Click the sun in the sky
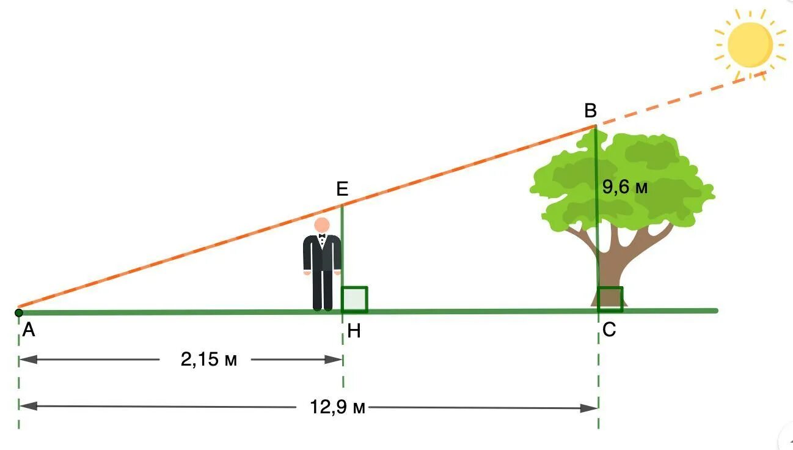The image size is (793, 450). [750, 45]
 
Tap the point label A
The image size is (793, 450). [28, 331]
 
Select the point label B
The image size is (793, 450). [590, 111]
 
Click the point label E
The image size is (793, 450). [342, 189]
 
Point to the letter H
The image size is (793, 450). [354, 332]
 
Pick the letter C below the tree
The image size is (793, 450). [609, 331]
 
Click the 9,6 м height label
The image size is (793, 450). [624, 188]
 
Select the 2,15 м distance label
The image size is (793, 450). [208, 360]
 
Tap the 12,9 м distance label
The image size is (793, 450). [337, 407]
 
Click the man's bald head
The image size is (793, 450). [322, 225]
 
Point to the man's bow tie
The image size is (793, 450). [322, 236]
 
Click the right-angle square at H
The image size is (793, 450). [354, 299]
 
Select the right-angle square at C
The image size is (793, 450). [610, 299]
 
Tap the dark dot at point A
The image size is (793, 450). [19, 313]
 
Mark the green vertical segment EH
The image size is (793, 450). [342, 245]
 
